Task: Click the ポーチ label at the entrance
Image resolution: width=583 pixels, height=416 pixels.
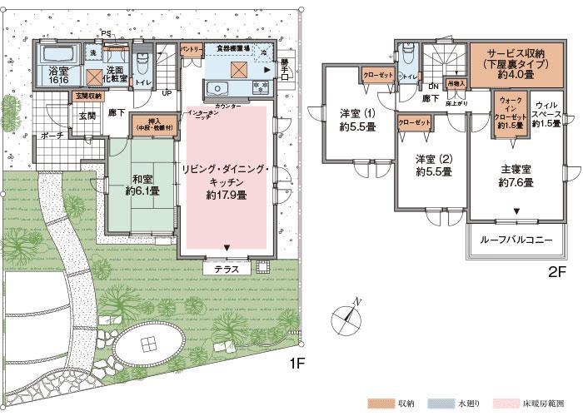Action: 52,135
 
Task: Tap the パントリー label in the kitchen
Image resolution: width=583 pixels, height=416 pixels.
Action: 192,50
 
